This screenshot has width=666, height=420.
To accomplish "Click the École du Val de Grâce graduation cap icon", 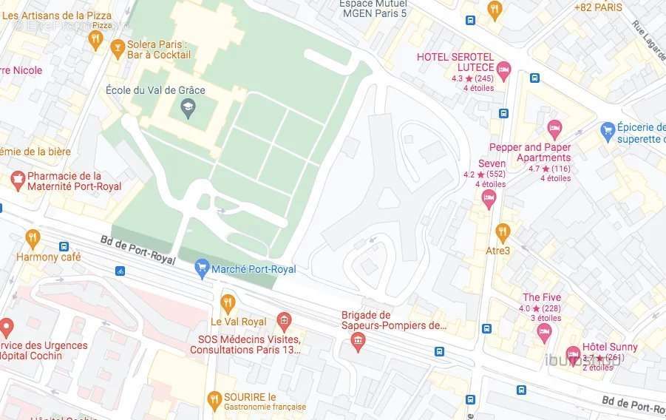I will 188,109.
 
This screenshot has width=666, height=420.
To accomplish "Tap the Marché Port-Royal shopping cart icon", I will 202,268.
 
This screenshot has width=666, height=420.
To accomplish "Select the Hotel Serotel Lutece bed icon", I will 504,71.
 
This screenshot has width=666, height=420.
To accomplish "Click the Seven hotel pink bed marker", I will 489,198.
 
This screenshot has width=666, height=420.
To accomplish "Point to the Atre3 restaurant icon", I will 503,232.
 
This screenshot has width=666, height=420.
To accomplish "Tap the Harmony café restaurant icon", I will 33,238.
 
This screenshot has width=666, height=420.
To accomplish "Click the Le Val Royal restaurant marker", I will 228,302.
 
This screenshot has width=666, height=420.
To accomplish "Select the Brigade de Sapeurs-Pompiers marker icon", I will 359,342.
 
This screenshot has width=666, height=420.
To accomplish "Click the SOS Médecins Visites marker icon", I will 283,321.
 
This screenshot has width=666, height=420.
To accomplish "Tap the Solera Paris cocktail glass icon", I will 117,49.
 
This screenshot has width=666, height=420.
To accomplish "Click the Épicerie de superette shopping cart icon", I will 608,130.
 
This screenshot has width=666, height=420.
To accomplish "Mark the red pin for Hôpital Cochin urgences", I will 7,326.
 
